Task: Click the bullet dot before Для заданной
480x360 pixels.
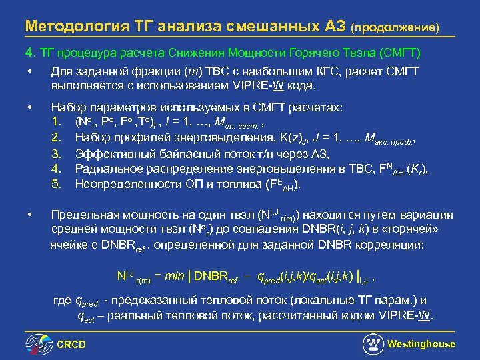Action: tap(29, 71)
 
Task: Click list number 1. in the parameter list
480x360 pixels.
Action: tap(57, 122)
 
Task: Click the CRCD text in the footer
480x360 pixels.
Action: tap(72, 344)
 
